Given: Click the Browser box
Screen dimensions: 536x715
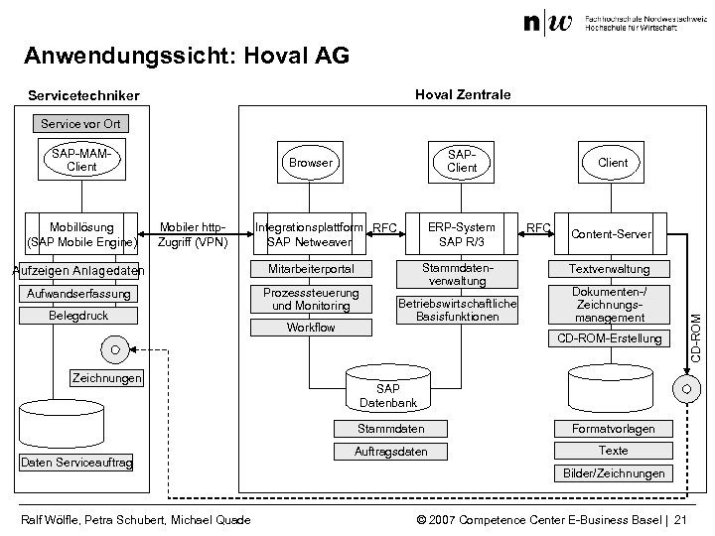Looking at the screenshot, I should [x=311, y=162].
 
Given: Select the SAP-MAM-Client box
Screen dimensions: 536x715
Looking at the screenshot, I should [x=81, y=161].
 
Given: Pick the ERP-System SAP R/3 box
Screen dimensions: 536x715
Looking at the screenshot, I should [x=462, y=234].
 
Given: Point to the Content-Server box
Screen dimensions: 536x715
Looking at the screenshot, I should [x=613, y=234].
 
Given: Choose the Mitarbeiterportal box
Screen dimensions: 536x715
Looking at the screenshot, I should [x=311, y=270].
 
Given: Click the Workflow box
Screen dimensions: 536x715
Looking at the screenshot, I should [x=311, y=328].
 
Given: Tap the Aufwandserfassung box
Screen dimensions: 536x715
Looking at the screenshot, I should [x=79, y=295].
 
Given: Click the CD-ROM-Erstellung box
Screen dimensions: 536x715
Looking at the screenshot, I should [x=609, y=339].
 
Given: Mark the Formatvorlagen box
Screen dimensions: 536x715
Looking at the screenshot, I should [x=613, y=429].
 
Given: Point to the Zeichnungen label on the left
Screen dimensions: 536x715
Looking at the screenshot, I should [x=107, y=378].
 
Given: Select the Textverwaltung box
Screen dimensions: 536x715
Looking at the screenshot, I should [x=609, y=269].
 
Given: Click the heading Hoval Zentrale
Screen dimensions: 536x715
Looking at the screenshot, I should [x=463, y=94].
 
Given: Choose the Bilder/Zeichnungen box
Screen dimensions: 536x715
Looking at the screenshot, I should [x=614, y=473].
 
